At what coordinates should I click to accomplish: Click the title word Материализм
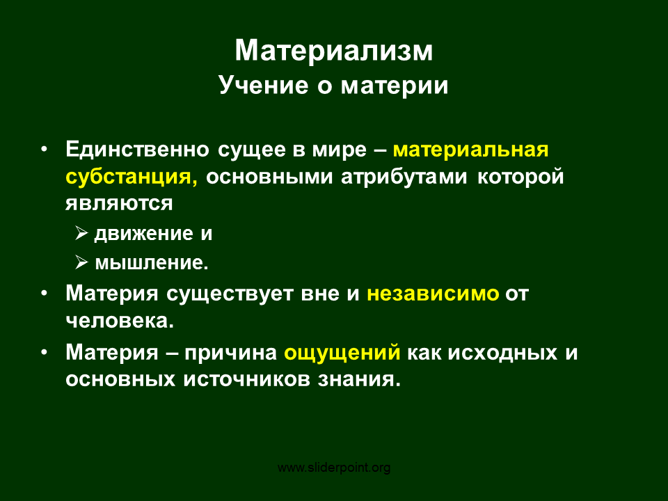coord(333,51)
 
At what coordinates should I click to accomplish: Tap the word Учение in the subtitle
coord(263,85)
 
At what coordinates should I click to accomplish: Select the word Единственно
coord(137,150)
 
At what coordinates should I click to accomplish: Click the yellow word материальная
coord(471,150)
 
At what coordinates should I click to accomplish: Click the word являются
coord(119,204)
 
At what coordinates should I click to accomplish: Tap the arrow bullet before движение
coord(82,233)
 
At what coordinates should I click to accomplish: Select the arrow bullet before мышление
coord(82,262)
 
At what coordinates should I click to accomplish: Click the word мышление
coord(152,263)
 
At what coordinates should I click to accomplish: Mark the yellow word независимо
coord(433,294)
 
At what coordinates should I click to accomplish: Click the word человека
coord(120,321)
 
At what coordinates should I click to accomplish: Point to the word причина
coord(230,353)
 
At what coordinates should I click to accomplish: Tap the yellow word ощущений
coord(342,353)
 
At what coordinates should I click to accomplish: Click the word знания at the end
coord(359,380)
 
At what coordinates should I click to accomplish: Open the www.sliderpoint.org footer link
coord(334,468)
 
